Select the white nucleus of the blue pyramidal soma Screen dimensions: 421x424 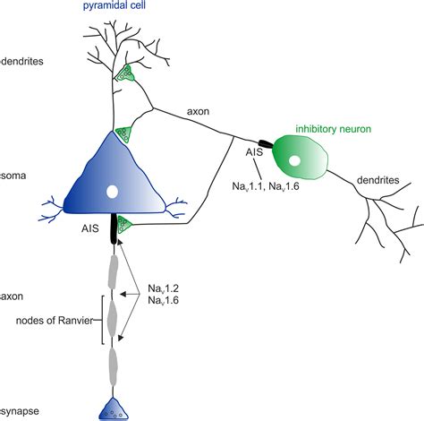point(111,192)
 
